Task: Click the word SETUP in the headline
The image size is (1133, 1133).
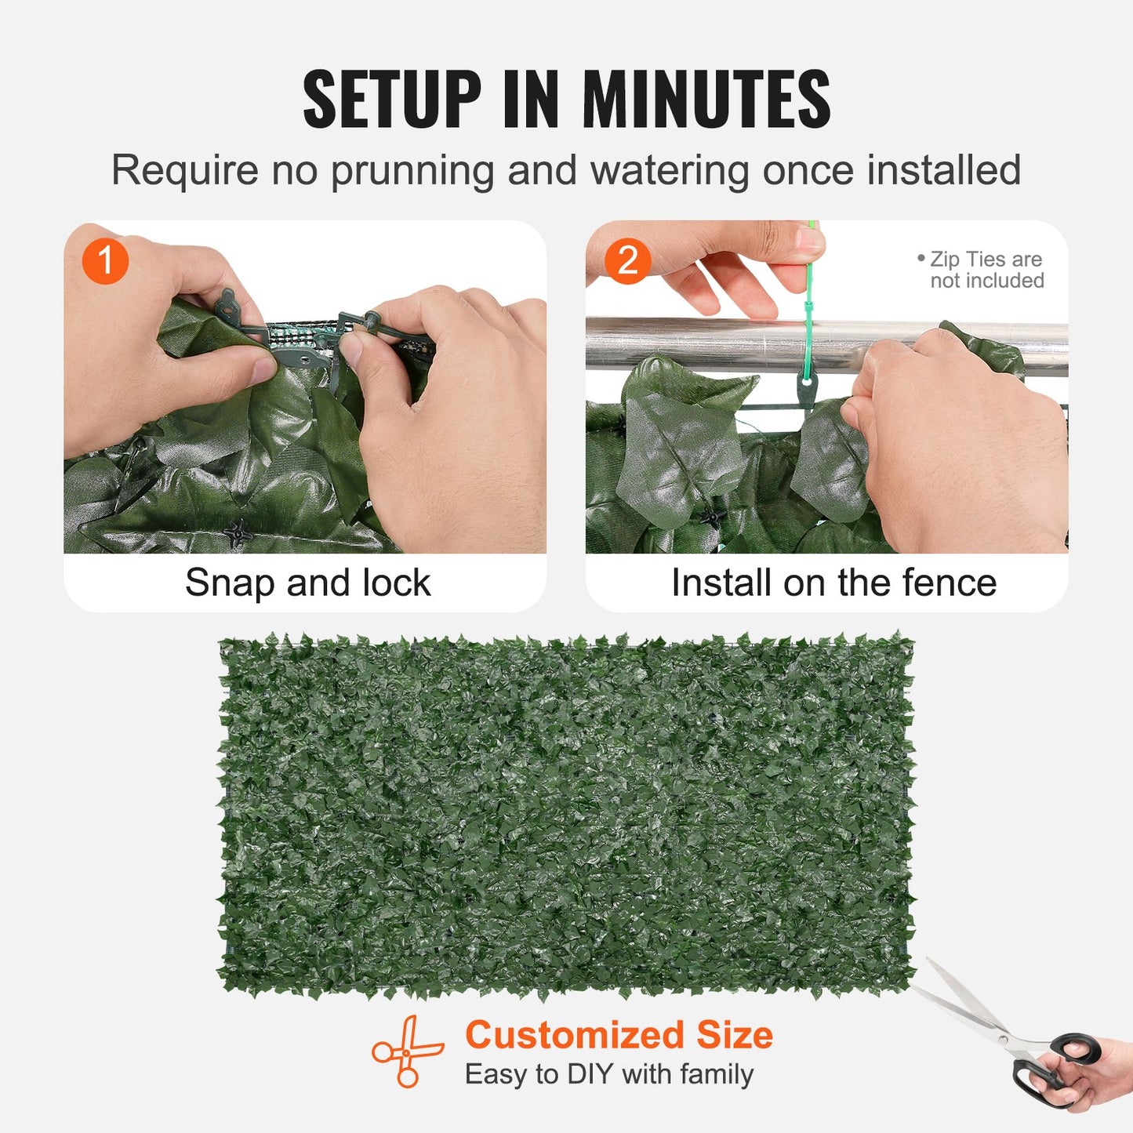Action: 391,100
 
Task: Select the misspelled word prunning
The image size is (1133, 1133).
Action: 412,172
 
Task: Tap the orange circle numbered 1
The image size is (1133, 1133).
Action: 105,261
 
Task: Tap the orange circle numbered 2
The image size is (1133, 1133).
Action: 627,261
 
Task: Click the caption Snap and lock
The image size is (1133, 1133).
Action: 307,583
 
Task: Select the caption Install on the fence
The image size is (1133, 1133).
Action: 833,583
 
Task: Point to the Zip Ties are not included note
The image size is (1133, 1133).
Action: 985,270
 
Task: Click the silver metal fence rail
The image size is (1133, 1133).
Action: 706,343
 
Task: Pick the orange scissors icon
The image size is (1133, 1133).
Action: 407,1051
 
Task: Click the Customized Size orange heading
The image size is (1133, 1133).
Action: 619,1035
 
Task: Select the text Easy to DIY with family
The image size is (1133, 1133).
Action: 609,1074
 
